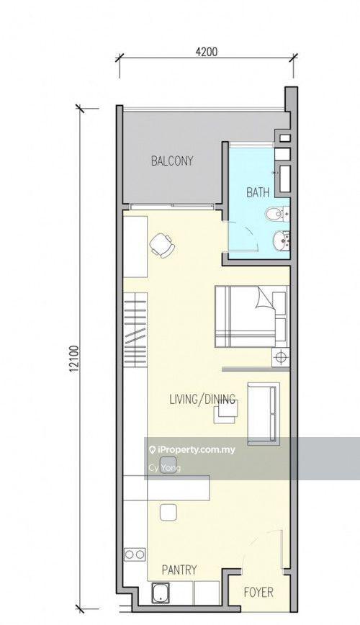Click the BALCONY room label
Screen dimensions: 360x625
pos(172,161)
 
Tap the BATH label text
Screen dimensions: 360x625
pos(258,193)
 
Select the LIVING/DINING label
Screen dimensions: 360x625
pos(202,399)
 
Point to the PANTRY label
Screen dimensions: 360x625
pos(179,570)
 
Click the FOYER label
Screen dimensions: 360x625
pos(258,593)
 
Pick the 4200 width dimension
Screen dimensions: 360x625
pos(207,52)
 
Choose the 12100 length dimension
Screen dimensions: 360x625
pos(73,359)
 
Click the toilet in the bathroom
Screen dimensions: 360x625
pos(277,215)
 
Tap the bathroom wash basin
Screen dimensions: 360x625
pos(281,240)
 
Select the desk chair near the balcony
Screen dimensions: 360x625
pos(162,245)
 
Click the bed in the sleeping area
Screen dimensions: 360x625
pos(251,315)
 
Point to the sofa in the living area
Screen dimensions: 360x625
pos(263,413)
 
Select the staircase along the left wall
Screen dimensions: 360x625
pos(135,329)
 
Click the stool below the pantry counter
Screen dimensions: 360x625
pos(168,512)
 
